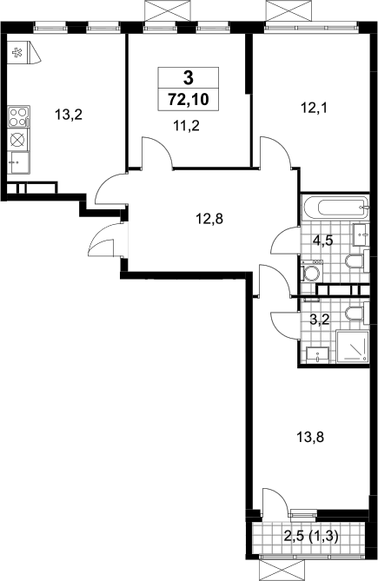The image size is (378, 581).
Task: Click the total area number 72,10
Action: tap(189, 99)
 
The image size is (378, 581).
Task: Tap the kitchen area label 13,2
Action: tap(68, 115)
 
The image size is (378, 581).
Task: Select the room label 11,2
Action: tap(186, 126)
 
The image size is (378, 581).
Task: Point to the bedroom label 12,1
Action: tap(315, 109)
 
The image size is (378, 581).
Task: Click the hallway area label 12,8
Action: tap(209, 219)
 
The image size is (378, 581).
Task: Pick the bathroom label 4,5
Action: tap(322, 240)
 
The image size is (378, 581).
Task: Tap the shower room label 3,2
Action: tap(320, 319)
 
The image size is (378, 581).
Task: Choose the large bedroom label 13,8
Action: tap(310, 437)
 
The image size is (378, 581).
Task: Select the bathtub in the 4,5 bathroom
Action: tap(335, 208)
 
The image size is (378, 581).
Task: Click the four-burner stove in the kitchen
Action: tap(18, 116)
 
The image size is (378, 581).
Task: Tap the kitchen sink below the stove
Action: tap(18, 162)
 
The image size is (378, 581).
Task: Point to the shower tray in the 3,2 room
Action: tap(353, 347)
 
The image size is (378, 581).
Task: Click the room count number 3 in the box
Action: tap(189, 78)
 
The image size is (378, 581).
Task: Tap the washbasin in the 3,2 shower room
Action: tap(317, 356)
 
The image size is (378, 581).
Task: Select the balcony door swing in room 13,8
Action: tap(275, 501)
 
